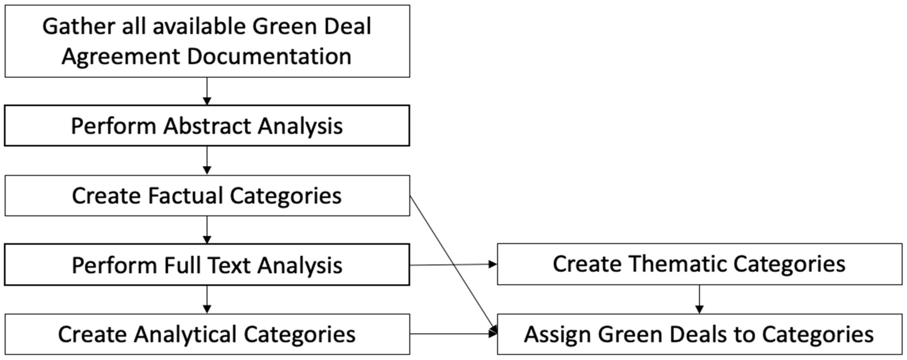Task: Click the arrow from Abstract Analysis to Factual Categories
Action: click(207, 160)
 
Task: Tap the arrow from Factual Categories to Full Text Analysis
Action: click(207, 230)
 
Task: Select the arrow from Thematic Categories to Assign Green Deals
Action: click(699, 299)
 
